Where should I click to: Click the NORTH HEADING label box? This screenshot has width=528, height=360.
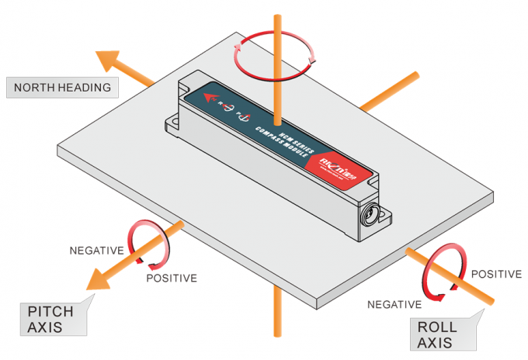point(62,87)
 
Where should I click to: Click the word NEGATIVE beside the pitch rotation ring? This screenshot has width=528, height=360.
point(97,251)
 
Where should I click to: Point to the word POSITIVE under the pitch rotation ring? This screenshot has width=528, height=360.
point(172,278)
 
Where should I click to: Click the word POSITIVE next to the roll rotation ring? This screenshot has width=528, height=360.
point(496,274)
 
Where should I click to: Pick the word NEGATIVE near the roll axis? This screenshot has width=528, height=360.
point(394,304)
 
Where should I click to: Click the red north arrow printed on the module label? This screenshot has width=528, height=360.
point(206,97)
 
